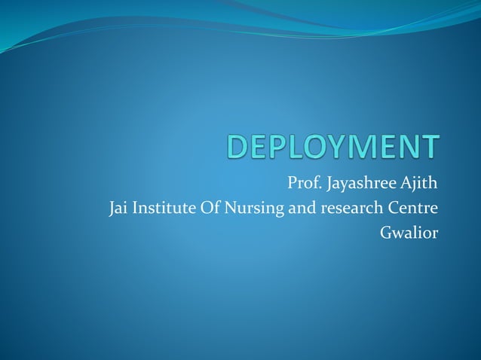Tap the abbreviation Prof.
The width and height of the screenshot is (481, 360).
coord(303,182)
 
